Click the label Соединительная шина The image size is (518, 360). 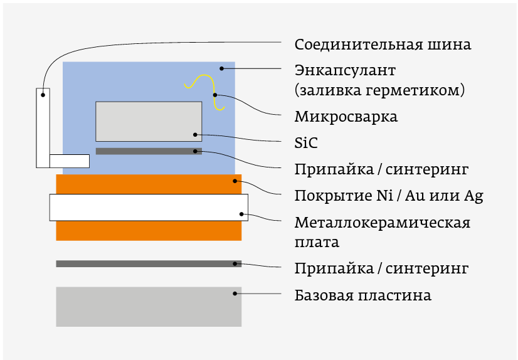(383, 45)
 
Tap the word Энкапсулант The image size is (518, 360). (345, 69)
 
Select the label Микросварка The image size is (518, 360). (346, 117)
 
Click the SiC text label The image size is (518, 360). (306, 143)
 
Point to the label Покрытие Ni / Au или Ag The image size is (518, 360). (389, 195)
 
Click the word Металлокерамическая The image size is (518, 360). (383, 223)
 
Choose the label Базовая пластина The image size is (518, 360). (363, 295)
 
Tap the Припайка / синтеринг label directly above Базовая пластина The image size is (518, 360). (382, 269)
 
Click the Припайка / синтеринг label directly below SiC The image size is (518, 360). (382, 169)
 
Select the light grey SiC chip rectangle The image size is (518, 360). (149, 121)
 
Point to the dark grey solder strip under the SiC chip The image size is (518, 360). (144, 151)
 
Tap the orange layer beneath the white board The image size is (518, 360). (149, 231)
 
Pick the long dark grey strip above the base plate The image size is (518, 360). (149, 264)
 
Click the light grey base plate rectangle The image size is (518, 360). (149, 307)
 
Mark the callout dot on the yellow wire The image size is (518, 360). (215, 95)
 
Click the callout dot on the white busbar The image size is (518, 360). (43, 95)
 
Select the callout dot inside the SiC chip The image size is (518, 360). (195, 134)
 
